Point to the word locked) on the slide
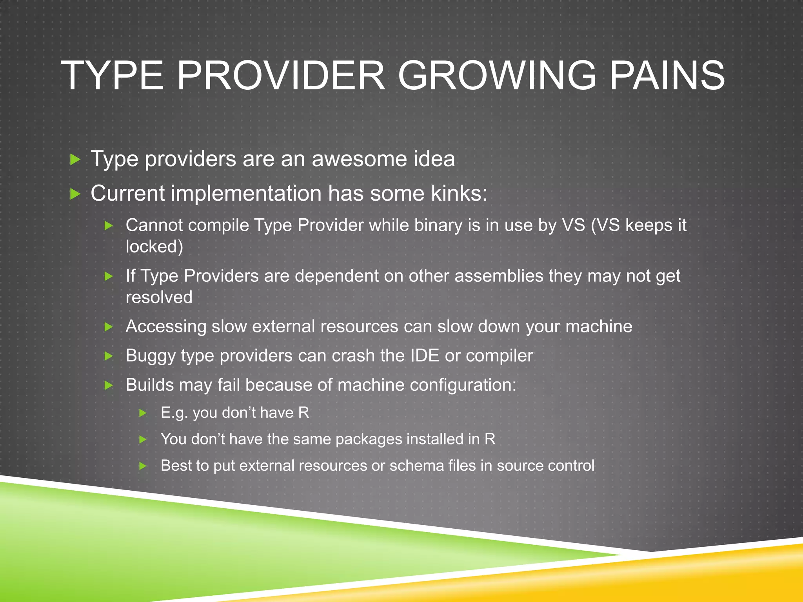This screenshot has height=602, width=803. tap(154, 247)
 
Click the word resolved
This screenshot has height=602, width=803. tap(159, 297)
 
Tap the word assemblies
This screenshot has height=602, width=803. tap(499, 276)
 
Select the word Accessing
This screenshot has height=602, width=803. tap(166, 326)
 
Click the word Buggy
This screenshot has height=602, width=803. tap(151, 356)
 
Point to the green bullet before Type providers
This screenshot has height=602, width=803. tap(75, 160)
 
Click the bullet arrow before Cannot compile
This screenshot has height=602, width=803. tap(109, 225)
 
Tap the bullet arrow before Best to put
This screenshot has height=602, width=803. tap(143, 466)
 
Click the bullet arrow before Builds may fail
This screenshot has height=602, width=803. tap(109, 385)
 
